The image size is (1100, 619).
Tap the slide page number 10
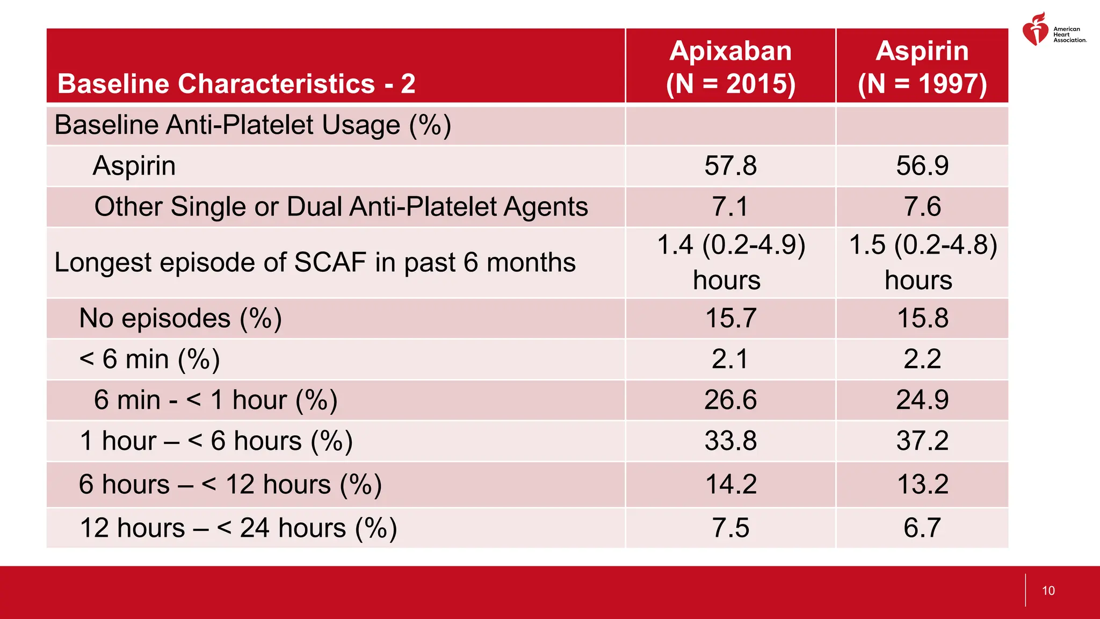[1048, 591]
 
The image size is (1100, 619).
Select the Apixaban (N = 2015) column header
[730, 67]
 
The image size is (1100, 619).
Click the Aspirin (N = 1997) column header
[922, 67]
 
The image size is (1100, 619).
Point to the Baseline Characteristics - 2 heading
[236, 84]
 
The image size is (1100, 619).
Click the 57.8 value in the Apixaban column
[730, 165]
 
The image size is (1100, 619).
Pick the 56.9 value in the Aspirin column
[922, 165]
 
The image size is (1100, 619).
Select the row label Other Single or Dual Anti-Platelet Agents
[341, 207]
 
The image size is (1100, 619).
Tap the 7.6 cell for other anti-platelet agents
[922, 207]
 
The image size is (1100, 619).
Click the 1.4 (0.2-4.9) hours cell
[730, 262]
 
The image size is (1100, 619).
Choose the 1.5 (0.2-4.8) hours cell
[922, 262]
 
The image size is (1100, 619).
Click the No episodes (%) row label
[180, 318]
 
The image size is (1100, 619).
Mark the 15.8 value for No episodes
[922, 318]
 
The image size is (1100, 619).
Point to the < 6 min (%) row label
[149, 359]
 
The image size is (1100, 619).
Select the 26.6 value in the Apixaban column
[730, 400]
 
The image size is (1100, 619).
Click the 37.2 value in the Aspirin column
[922, 441]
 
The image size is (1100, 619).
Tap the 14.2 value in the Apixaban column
[730, 484]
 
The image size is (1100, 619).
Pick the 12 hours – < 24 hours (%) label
[238, 528]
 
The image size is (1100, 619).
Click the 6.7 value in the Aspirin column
[922, 528]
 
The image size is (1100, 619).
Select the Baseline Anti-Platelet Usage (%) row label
[252, 125]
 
